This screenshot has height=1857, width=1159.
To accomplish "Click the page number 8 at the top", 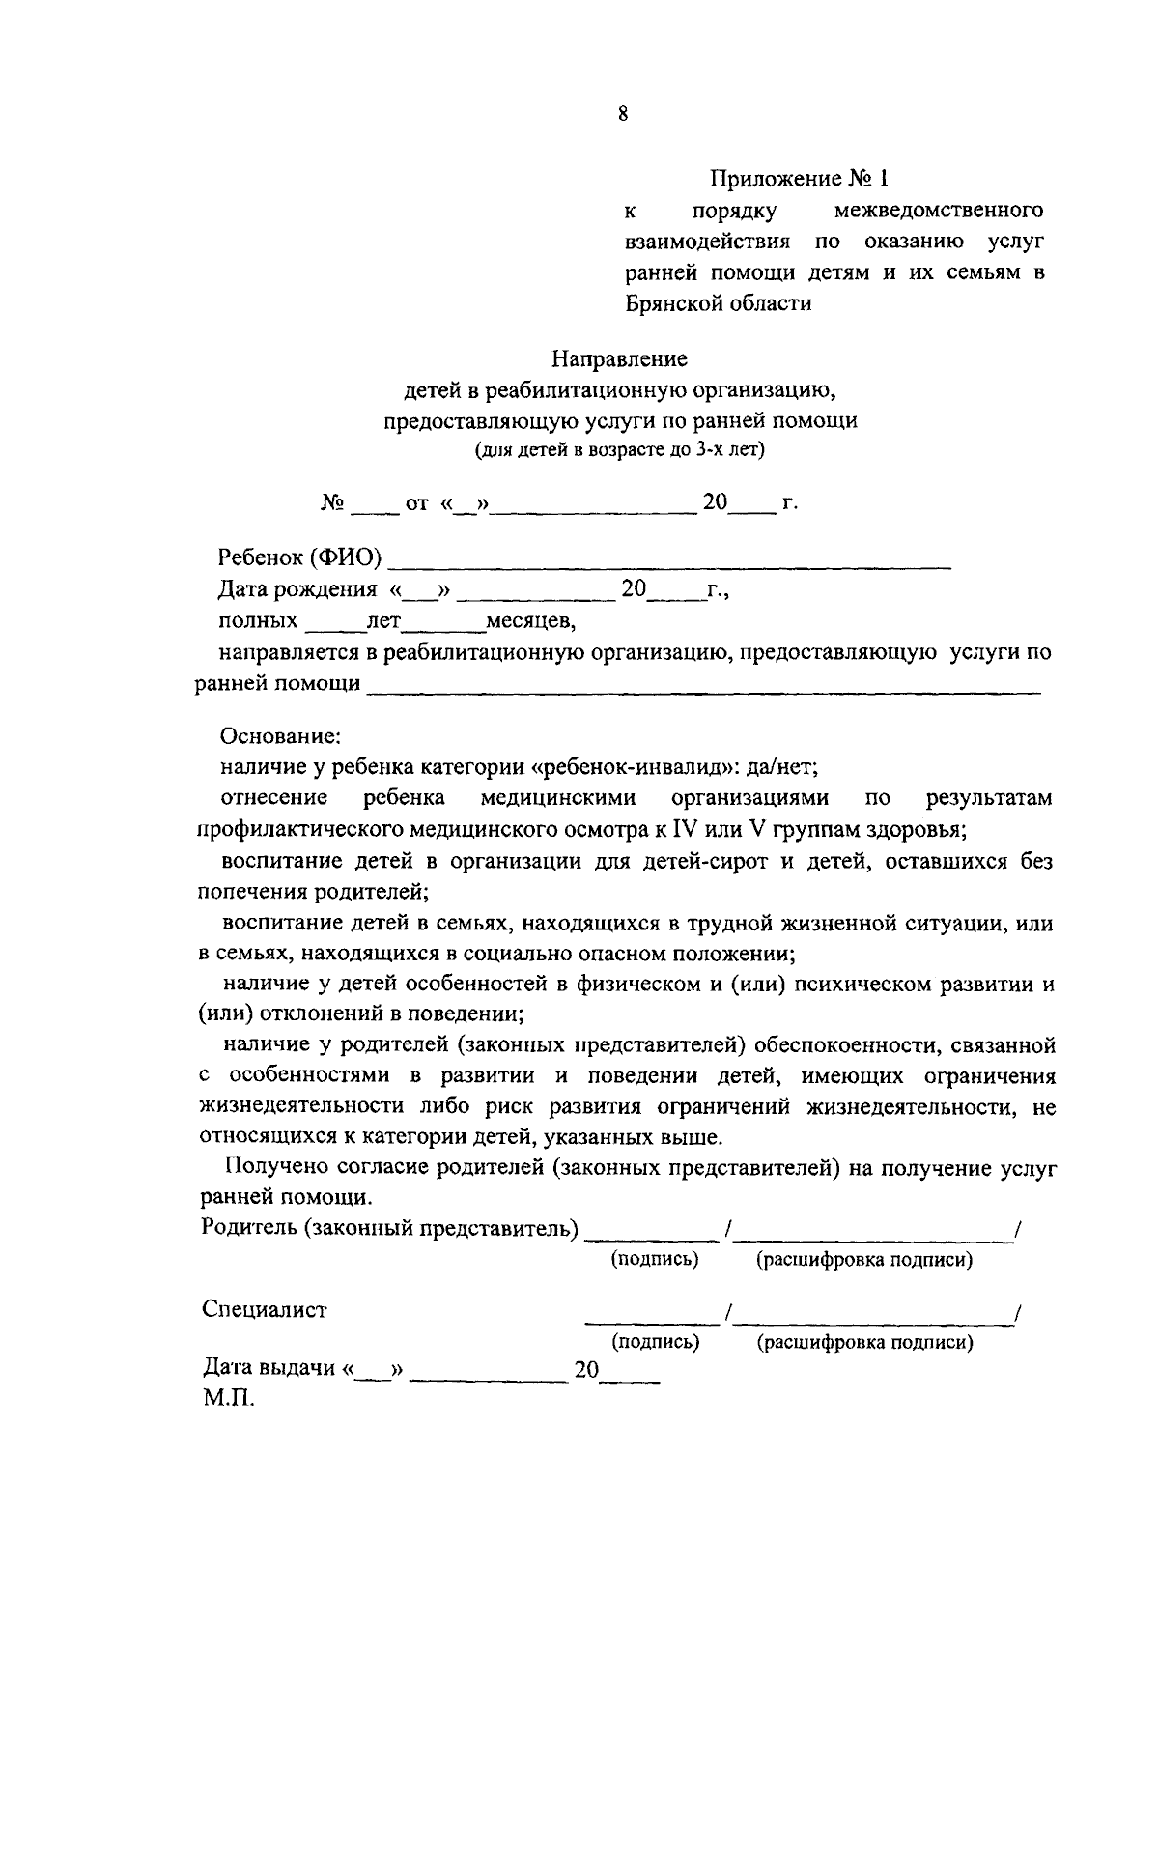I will tap(623, 115).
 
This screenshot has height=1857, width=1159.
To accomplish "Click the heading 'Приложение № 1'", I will tap(798, 179).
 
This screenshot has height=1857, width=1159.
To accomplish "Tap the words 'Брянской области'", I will tap(718, 303).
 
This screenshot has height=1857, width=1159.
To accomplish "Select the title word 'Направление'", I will tap(619, 359).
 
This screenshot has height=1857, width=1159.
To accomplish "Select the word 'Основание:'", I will tap(281, 736).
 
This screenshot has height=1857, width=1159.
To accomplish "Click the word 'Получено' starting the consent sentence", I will tap(265, 1169).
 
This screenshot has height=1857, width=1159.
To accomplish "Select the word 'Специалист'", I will tap(265, 1310).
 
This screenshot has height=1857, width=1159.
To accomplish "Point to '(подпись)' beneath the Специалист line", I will tap(655, 1342).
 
